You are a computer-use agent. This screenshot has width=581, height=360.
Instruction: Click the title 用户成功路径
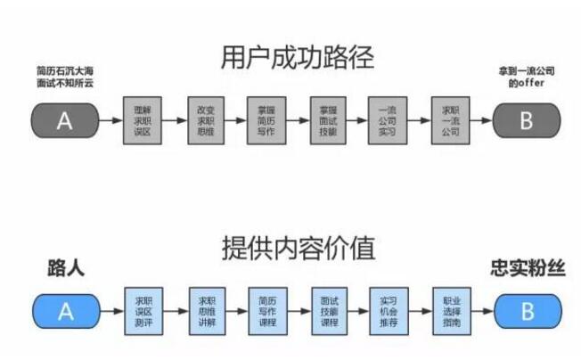(297, 58)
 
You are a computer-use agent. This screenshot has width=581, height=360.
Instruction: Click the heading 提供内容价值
(299, 249)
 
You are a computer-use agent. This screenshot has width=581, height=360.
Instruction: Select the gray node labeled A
(64, 120)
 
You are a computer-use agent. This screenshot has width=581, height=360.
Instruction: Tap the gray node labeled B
(526, 120)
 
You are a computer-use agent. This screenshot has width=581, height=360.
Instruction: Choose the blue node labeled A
(65, 311)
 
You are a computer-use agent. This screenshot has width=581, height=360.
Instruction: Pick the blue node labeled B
(527, 311)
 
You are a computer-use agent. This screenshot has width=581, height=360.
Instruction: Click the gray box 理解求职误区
(142, 120)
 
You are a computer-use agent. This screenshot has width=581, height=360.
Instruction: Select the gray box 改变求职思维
(204, 120)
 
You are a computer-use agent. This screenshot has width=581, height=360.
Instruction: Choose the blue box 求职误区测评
(143, 311)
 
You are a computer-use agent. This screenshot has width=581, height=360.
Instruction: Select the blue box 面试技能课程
(326, 311)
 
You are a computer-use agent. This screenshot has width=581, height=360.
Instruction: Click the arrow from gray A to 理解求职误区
(110, 120)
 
